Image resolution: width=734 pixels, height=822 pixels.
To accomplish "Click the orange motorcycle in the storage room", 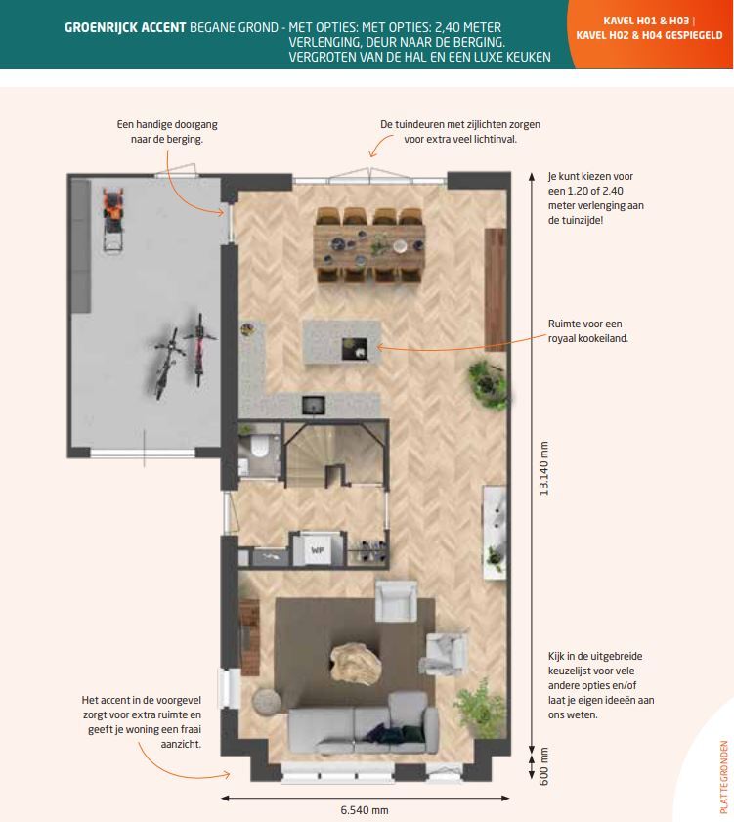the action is tap(113, 218).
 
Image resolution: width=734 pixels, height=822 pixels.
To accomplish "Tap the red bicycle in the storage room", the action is tap(199, 350).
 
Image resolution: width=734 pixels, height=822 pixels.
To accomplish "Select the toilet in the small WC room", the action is tap(259, 448).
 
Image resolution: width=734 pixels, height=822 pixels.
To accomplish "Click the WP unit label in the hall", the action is tap(318, 550).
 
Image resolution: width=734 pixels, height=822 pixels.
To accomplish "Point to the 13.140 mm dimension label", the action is tap(543, 468).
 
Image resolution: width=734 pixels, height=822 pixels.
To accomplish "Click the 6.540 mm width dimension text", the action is tap(365, 810).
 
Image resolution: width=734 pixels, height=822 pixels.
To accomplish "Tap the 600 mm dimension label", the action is tap(543, 766).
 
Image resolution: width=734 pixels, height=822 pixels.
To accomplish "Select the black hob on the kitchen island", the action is tap(355, 349).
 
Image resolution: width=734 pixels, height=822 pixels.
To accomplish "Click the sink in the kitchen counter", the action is tap(313, 406).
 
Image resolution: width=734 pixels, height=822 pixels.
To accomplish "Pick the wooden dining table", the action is tap(369, 246).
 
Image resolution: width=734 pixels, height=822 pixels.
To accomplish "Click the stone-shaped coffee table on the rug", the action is tap(356, 662).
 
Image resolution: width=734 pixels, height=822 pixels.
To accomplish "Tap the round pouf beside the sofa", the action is tap(268, 703).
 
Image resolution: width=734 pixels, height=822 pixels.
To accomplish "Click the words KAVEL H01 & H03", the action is tap(646, 21).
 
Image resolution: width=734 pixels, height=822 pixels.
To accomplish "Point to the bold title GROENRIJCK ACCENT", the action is tap(125, 27).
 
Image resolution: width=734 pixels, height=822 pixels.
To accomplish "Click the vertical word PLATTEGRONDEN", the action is tap(724, 777).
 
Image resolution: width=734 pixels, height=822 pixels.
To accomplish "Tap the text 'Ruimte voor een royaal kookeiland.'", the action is tap(587, 330).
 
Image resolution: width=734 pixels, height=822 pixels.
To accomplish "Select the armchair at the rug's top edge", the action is tap(397, 601).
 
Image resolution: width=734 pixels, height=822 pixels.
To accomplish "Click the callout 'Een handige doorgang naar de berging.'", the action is tap(167, 132).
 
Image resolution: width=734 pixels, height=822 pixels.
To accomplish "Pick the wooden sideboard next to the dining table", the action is tap(495, 289).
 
